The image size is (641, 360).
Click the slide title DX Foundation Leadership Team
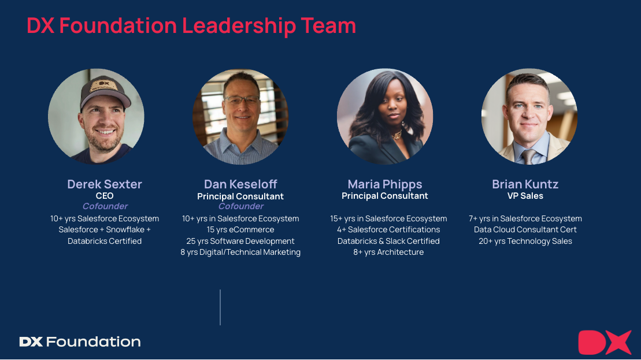point(191,26)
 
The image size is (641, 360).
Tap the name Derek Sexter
point(105,184)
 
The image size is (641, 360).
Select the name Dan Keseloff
point(240,184)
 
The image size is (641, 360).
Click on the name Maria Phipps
point(385,184)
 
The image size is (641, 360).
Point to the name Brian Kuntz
point(525,184)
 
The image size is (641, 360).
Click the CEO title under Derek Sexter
point(105,196)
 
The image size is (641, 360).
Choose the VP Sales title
point(525,196)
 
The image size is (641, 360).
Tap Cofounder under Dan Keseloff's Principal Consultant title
point(240,206)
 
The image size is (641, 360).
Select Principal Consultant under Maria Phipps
point(385,196)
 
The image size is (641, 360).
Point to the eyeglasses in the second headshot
point(242,99)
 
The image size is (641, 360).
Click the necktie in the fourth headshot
point(528,155)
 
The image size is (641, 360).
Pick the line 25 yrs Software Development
point(240,241)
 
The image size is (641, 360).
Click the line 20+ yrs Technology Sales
point(525,241)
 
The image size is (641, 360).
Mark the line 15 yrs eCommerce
point(240,230)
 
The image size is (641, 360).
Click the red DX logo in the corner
point(604,342)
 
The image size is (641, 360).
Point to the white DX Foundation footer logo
point(80,342)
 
